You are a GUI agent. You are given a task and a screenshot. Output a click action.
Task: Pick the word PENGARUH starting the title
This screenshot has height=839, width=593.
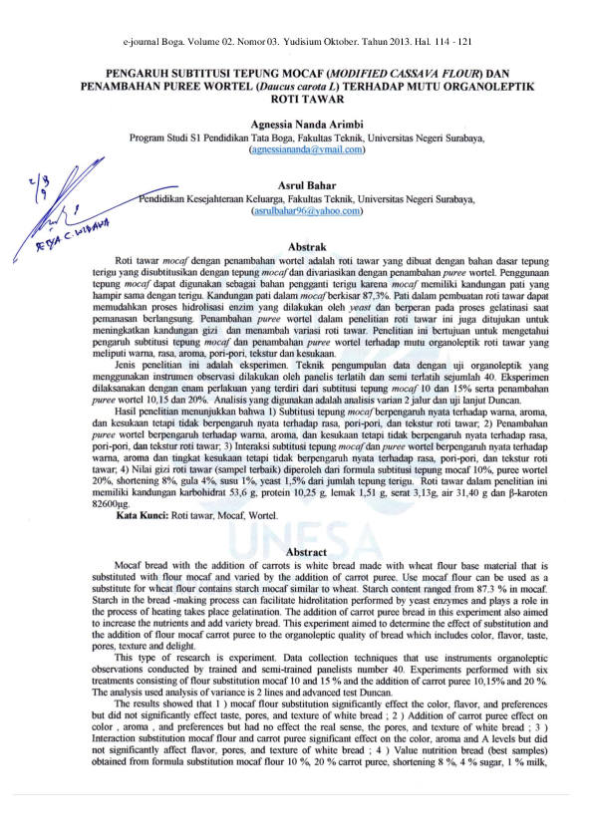tap(147, 74)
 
